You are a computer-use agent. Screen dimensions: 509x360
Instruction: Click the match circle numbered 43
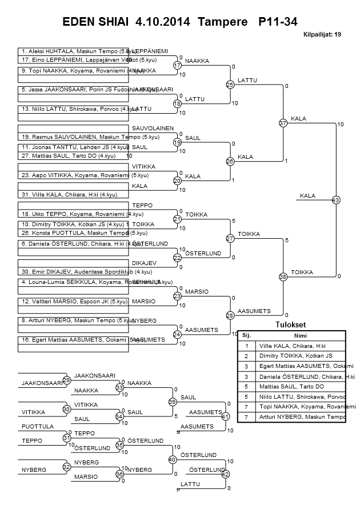(x=335, y=200)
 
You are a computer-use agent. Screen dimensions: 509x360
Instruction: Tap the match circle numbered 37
(x=283, y=123)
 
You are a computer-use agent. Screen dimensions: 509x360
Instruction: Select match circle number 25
(x=230, y=85)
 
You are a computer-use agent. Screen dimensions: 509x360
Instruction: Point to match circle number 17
(x=177, y=65)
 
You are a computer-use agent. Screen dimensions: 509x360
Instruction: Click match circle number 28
(x=230, y=315)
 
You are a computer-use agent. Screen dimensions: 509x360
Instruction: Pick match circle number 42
(x=225, y=474)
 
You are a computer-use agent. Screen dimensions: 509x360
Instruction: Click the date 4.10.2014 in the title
(x=163, y=21)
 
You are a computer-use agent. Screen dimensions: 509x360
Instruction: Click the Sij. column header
(x=247, y=335)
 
